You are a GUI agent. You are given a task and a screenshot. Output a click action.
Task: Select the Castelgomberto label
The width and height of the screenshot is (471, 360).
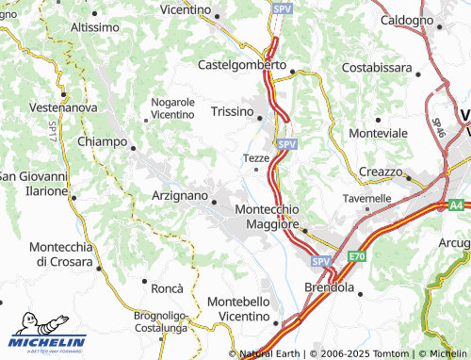[242, 65]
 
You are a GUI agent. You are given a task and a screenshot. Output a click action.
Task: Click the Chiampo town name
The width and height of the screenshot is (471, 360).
[101, 141]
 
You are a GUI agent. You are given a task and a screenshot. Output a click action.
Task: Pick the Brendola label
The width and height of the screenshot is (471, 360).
[328, 286]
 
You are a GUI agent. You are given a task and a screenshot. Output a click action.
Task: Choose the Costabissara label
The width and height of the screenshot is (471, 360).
[377, 69]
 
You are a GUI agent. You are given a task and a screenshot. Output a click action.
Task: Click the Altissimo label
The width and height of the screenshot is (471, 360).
[99, 27]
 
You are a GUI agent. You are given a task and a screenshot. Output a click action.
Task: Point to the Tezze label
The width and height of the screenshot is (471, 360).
[256, 157]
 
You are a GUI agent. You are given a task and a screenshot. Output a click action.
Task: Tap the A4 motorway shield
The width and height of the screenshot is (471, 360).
[456, 204]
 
